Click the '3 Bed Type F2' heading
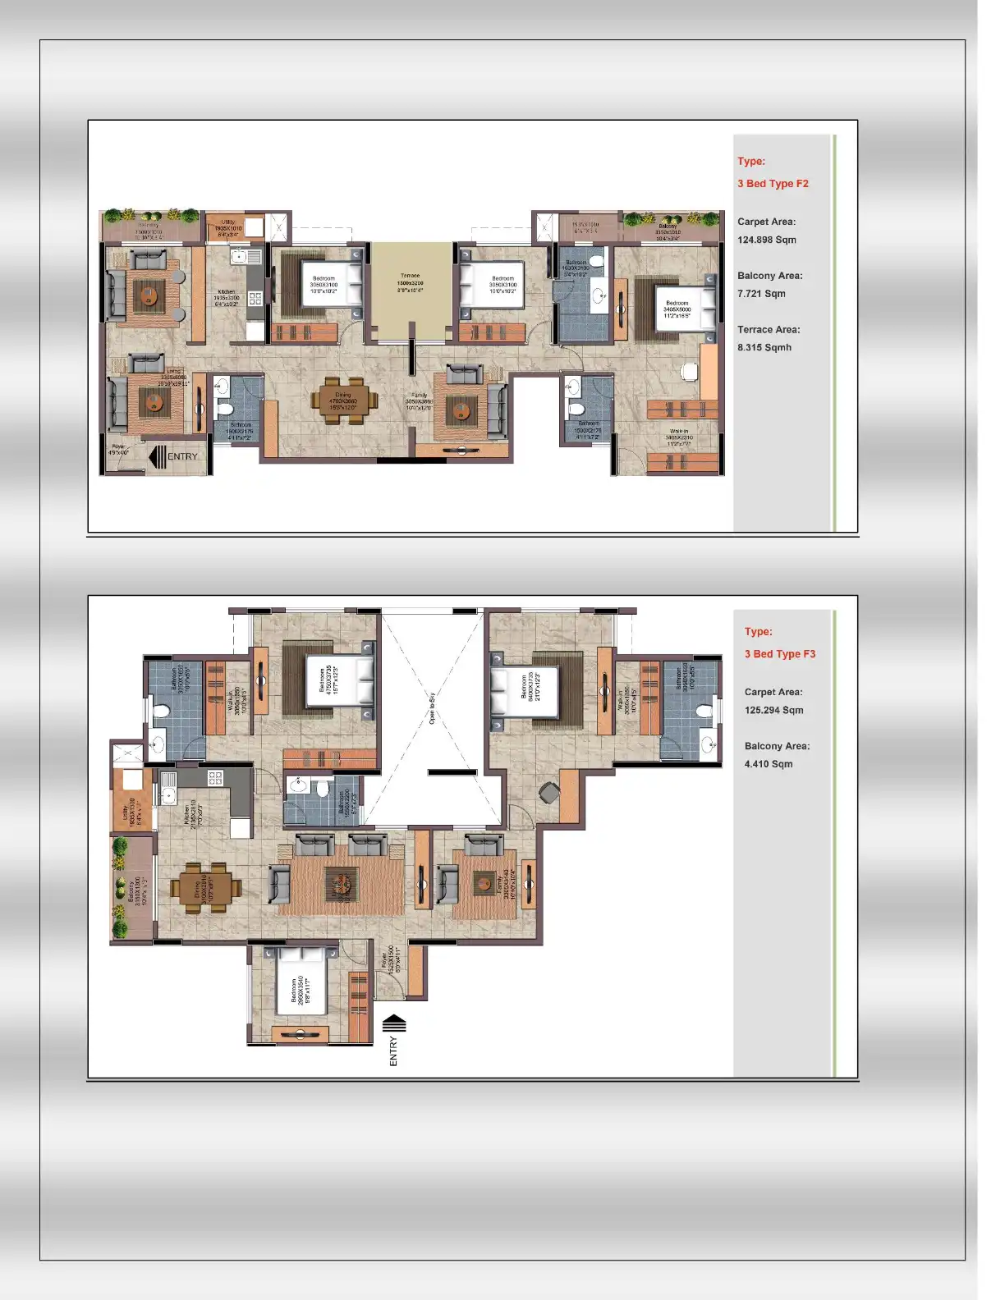(x=773, y=183)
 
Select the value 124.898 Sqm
(x=766, y=240)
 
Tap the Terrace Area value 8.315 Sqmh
(x=764, y=347)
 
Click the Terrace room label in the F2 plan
(x=411, y=282)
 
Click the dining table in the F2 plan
(x=344, y=401)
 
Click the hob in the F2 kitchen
(x=255, y=299)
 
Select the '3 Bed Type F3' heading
(x=779, y=654)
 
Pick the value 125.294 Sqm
(x=773, y=710)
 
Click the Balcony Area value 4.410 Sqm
(x=768, y=764)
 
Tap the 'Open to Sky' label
(x=432, y=707)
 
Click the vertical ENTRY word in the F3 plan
(x=393, y=1051)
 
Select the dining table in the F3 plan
(x=206, y=887)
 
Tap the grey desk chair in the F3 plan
(x=548, y=792)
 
